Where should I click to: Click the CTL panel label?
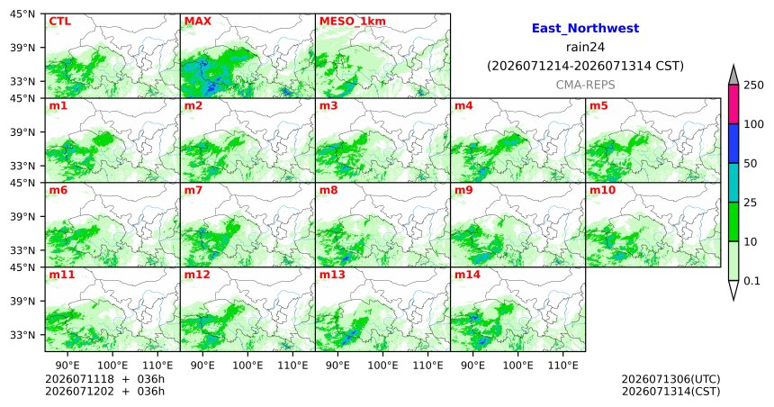tap(59, 22)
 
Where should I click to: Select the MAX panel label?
tap(197, 22)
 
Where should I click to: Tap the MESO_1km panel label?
tap(353, 22)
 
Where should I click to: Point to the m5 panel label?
tap(598, 105)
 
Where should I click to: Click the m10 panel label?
tap(602, 190)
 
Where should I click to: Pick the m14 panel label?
tap(467, 275)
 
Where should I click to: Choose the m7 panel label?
tap(193, 190)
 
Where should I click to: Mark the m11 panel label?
tap(62, 275)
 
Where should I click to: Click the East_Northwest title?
tap(585, 29)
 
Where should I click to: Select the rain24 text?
tap(585, 48)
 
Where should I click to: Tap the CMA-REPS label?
tap(585, 85)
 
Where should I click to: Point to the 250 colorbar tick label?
tap(753, 86)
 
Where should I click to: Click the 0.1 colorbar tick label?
tap(751, 281)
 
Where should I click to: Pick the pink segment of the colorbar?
tap(733, 104)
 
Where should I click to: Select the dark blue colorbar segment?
tap(733, 143)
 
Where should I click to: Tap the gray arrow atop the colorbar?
tap(733, 77)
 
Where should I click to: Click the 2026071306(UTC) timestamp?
tap(670, 379)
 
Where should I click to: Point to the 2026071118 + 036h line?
tap(104, 379)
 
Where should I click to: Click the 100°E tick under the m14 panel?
tap(517, 366)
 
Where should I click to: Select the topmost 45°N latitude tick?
tap(22, 14)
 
